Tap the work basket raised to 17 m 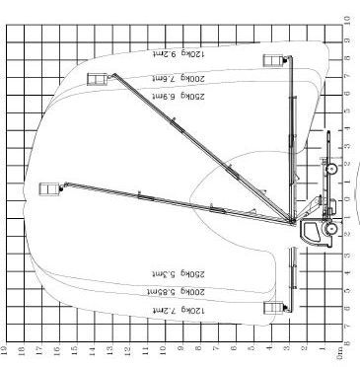pyautogui.click(x=47, y=188)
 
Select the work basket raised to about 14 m pyautogui.click(x=96, y=80)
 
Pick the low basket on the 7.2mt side pyautogui.click(x=269, y=311)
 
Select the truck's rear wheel pyautogui.click(x=332, y=169)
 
